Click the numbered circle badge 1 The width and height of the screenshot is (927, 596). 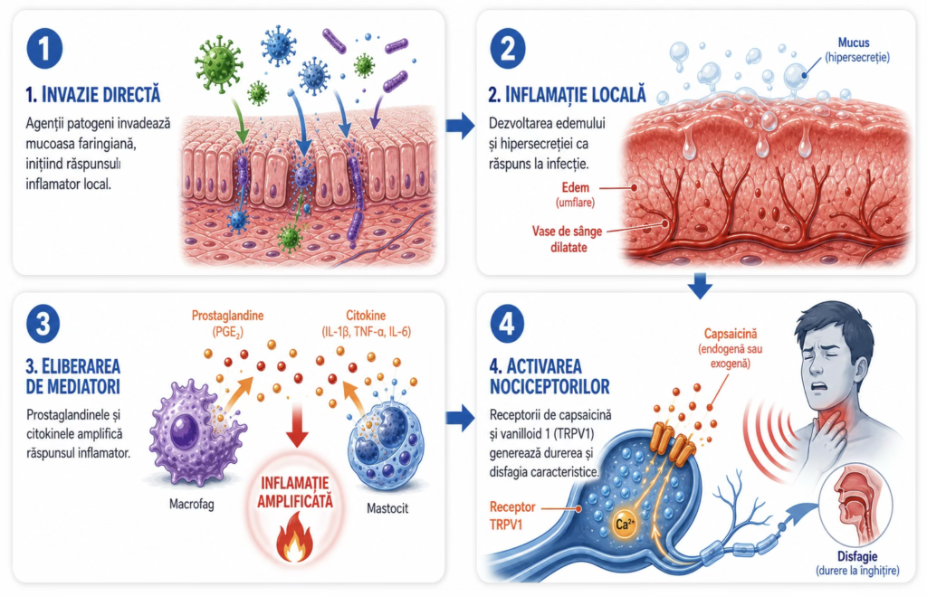(x=44, y=48)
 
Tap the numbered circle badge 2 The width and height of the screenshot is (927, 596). (x=507, y=48)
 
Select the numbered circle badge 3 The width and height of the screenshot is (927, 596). (x=43, y=324)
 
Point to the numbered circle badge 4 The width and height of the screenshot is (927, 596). (x=507, y=324)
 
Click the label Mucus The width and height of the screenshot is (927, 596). (x=854, y=43)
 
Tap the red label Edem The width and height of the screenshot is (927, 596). (x=575, y=188)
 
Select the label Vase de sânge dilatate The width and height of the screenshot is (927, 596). (x=568, y=239)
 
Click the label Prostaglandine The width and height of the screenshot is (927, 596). (x=227, y=316)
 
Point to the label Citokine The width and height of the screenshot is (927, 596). (x=366, y=316)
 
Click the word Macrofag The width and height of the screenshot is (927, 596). (x=192, y=504)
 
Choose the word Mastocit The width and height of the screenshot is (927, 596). (x=387, y=508)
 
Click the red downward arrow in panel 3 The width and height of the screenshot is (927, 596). (x=297, y=423)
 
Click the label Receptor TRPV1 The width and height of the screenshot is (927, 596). (x=512, y=516)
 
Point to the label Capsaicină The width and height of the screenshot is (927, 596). (x=731, y=335)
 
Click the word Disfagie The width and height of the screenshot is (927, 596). (x=857, y=556)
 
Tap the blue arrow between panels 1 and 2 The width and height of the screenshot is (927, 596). (x=460, y=125)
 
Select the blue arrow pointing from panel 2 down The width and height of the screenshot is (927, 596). (x=700, y=285)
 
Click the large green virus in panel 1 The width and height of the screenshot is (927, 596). (x=219, y=63)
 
